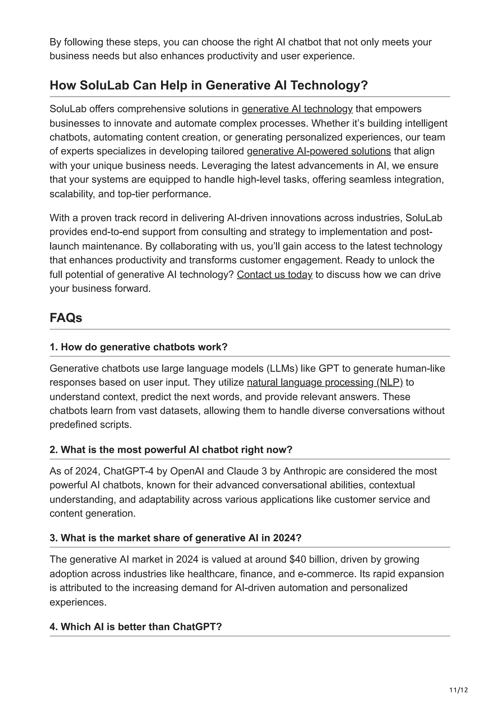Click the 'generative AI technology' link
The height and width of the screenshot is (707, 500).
tap(297, 109)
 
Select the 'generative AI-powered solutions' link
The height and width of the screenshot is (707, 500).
tap(319, 151)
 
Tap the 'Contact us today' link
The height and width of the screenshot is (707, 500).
tap(274, 274)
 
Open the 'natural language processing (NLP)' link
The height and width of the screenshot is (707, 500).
tap(325, 383)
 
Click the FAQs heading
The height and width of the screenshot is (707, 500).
tap(66, 318)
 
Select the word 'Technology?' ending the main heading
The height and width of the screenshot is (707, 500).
tap(329, 85)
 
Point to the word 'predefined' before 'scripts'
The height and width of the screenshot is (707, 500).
tap(73, 425)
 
